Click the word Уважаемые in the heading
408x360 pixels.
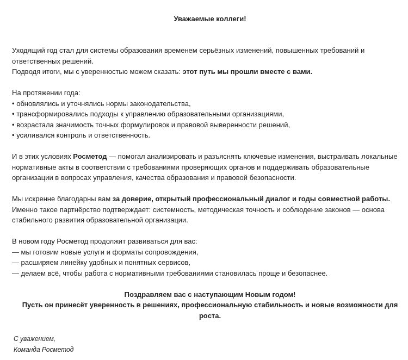192,19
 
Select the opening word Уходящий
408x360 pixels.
28,51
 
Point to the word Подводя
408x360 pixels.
27,72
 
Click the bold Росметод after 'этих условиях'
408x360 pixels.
90,157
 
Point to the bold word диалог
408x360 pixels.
278,199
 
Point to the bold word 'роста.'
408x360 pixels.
210,316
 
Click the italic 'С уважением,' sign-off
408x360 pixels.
34,339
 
